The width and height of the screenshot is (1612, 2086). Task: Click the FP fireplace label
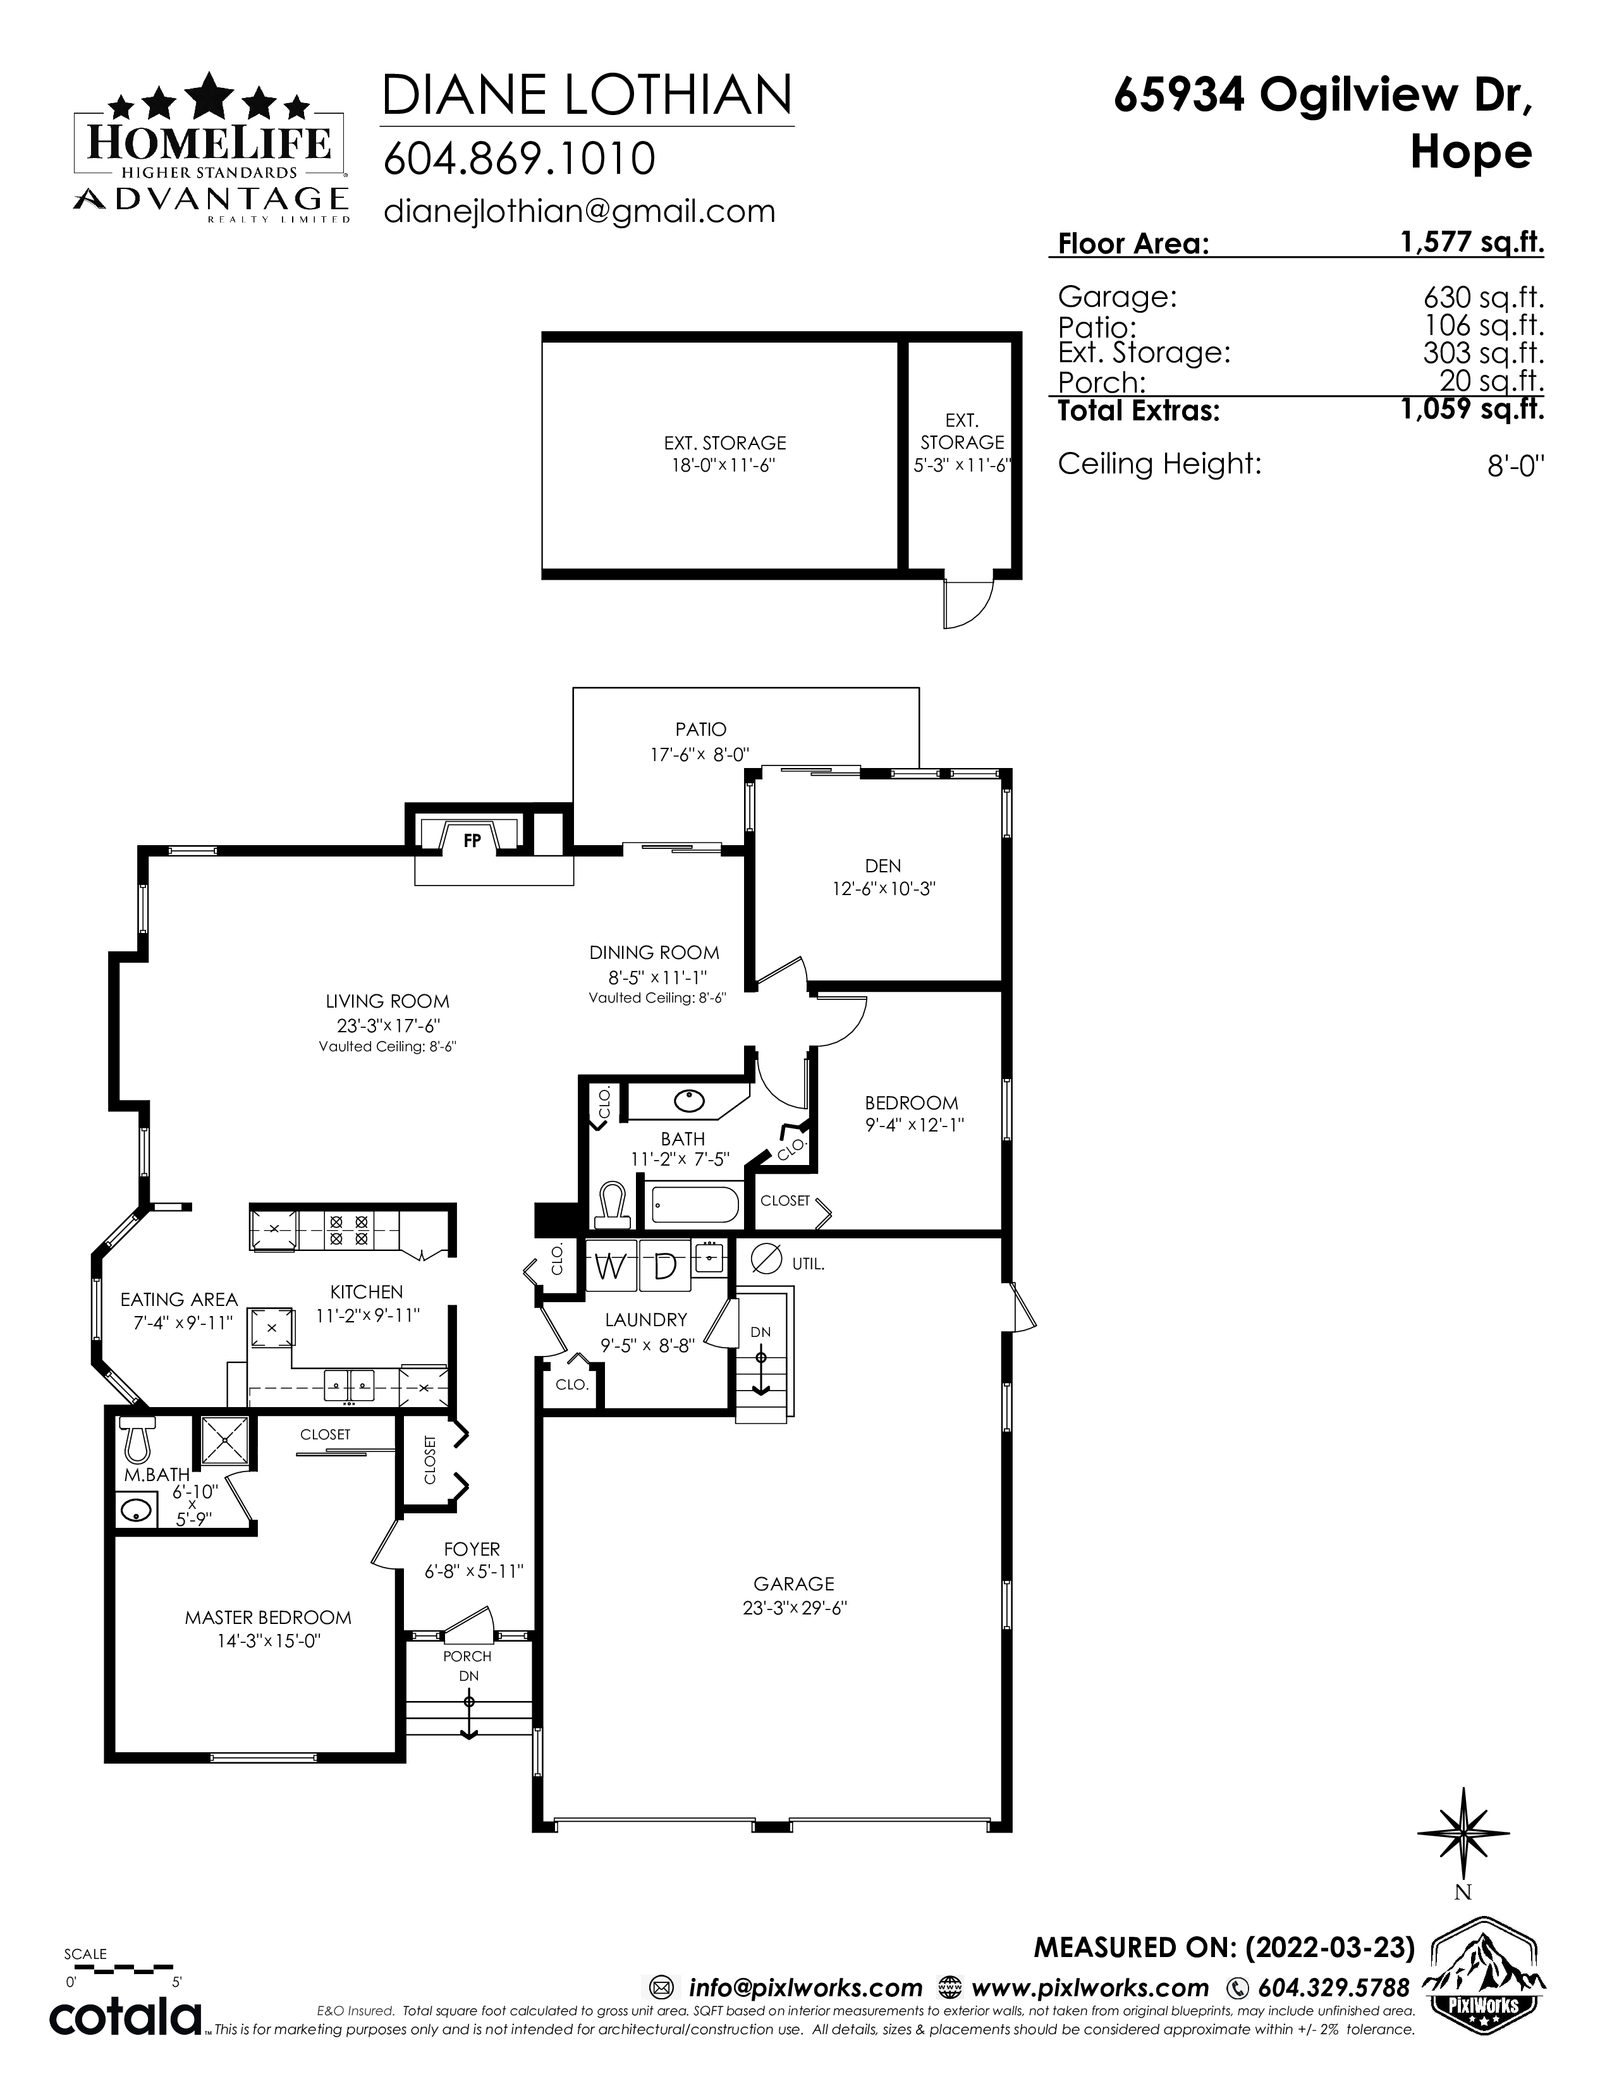pyautogui.click(x=472, y=841)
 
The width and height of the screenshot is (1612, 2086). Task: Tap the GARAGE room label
pyautogui.click(x=793, y=1583)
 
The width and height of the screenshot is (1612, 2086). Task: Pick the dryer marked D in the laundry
pyautogui.click(x=664, y=1267)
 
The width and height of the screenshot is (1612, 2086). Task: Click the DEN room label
pyautogui.click(x=882, y=865)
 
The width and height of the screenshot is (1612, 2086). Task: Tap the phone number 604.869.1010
pyautogui.click(x=520, y=159)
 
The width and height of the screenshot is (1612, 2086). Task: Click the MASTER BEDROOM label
pyautogui.click(x=268, y=1617)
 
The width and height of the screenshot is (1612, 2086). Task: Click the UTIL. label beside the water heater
pyautogui.click(x=808, y=1263)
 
